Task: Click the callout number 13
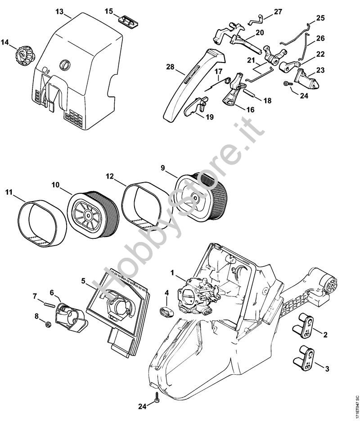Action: click(x=59, y=11)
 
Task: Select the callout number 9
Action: click(x=162, y=168)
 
